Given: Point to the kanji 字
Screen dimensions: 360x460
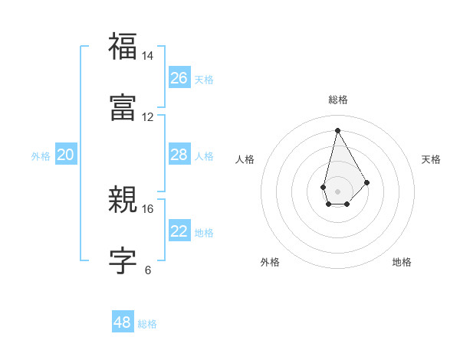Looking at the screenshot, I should (122, 260).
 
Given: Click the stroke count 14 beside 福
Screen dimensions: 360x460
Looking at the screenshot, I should (148, 56).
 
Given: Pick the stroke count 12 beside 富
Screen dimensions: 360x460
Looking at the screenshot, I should (148, 116).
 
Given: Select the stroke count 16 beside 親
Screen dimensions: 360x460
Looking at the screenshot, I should (148, 208).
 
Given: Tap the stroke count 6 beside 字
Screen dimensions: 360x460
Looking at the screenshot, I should (148, 270).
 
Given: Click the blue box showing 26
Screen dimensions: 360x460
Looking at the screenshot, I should (179, 77).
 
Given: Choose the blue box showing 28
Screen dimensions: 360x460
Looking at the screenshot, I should (179, 155).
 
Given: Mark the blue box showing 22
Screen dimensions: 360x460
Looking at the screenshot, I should (179, 231).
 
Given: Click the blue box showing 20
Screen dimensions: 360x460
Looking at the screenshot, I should (65, 155).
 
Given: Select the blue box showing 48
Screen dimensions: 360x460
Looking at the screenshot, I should (122, 322).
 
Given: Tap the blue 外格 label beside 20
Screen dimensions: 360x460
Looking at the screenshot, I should (41, 156).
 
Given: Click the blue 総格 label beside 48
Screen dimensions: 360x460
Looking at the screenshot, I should (147, 324).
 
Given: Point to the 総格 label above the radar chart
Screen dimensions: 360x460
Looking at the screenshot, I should (337, 100).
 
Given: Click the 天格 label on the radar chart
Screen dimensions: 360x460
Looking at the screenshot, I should (431, 159).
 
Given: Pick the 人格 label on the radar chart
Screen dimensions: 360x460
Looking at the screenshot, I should (245, 159).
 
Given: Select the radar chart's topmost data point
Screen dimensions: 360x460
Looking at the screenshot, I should (337, 129).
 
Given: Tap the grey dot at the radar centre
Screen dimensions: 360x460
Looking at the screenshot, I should (337, 190).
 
